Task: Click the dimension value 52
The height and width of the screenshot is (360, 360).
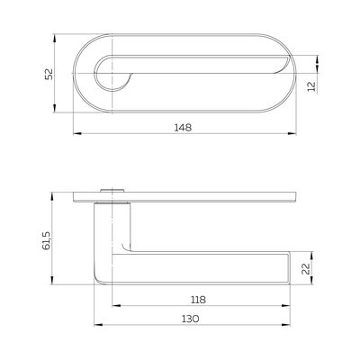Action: click(49, 74)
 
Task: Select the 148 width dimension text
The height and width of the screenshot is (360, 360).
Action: click(183, 128)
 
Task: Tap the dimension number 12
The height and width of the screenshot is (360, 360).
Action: click(312, 86)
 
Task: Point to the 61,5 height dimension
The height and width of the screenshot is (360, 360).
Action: click(47, 240)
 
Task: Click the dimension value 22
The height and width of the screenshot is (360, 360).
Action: click(305, 269)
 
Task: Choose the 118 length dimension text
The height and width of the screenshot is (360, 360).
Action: click(198, 300)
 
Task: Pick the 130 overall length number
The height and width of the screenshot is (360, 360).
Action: click(190, 319)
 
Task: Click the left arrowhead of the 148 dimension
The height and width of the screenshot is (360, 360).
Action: click(77, 133)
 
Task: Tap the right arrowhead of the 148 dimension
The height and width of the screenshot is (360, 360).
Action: click(292, 133)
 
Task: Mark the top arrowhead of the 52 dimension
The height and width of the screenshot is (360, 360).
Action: click(54, 38)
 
